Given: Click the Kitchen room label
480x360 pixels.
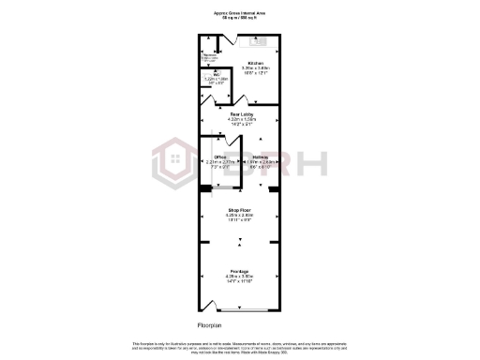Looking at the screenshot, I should click(x=248, y=63).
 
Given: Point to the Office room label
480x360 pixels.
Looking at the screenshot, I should click(x=220, y=157).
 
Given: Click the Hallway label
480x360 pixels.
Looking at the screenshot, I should click(x=261, y=157).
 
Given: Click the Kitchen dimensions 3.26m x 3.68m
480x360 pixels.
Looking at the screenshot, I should click(x=248, y=68).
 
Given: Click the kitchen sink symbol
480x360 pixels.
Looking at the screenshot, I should click(x=258, y=40).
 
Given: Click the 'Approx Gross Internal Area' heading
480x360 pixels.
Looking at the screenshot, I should click(x=239, y=11).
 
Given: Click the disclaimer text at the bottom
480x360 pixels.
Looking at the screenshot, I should click(x=239, y=347).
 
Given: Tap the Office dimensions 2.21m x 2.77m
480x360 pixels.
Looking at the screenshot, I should click(x=220, y=162).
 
